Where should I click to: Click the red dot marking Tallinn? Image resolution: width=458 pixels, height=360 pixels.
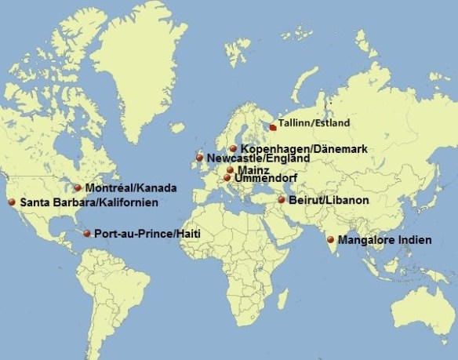point(273,125)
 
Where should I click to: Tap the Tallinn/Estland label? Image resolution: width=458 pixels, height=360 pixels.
point(314,124)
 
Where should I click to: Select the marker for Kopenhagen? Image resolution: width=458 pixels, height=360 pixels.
point(233,147)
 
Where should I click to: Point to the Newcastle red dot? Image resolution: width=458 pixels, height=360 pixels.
point(199,158)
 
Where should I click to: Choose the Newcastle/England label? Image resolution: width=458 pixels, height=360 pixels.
point(258,159)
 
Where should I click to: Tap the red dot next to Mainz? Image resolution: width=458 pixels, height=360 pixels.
point(230,169)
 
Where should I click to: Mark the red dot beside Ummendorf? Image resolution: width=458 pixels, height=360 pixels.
point(227,178)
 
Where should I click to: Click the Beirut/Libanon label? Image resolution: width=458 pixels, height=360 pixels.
point(329,201)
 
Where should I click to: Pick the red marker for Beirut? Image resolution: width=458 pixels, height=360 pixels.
point(281,200)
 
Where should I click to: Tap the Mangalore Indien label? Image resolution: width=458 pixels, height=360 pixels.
point(383,240)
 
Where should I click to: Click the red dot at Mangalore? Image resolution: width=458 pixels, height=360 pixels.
point(331,239)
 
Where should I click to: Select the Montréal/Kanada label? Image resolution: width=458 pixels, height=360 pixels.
point(131,189)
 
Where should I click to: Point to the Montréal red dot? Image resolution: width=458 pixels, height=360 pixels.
point(78,187)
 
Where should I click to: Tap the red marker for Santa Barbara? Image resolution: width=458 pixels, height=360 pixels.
point(12,202)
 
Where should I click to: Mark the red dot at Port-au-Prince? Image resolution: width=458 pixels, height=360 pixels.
point(86,233)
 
